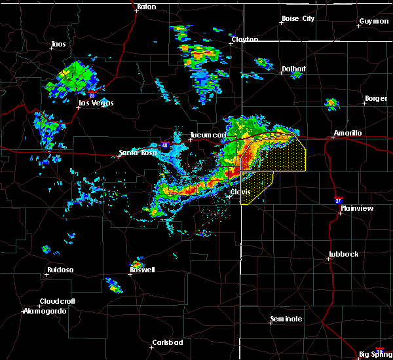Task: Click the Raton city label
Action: tap(147, 7)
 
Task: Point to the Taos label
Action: tap(58, 45)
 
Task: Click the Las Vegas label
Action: tap(96, 103)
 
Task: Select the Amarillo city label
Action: tap(347, 133)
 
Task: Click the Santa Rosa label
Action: tap(136, 154)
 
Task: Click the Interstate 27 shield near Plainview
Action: tap(338, 200)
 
